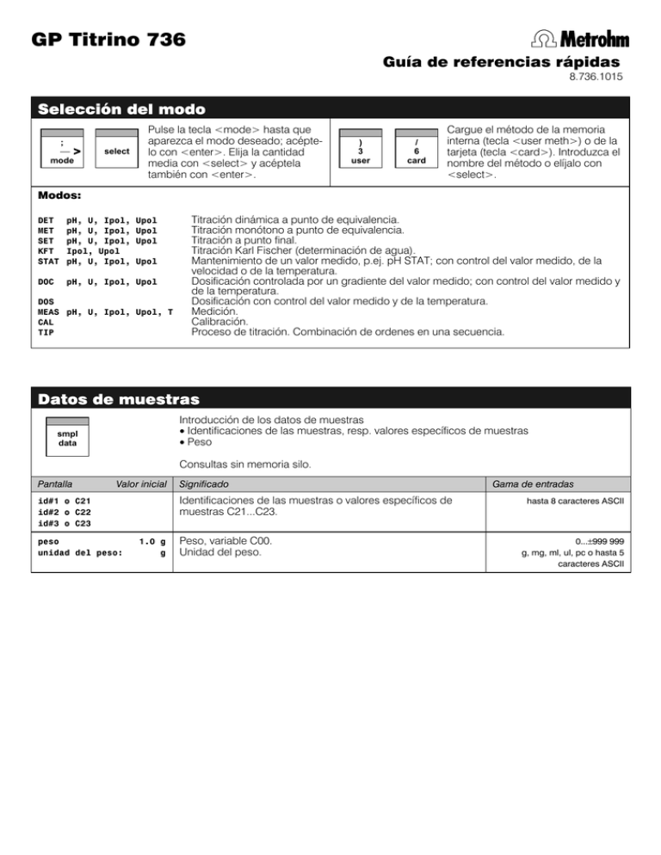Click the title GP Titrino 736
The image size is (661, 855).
click(x=106, y=40)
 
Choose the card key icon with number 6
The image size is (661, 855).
click(x=417, y=151)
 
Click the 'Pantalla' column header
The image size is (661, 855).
click(x=48, y=484)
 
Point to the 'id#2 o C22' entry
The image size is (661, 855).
click(x=65, y=512)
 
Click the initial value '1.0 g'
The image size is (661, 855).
click(x=151, y=542)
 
